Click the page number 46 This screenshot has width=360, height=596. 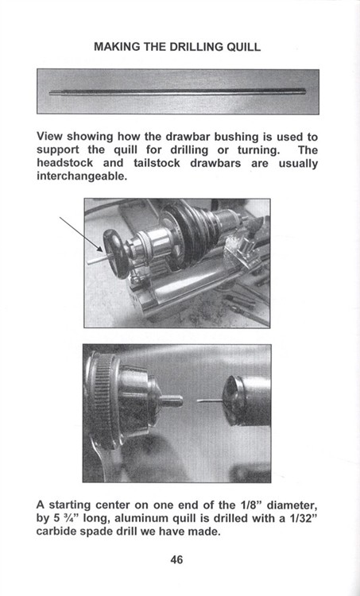(176, 559)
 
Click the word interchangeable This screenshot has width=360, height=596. (82, 177)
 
